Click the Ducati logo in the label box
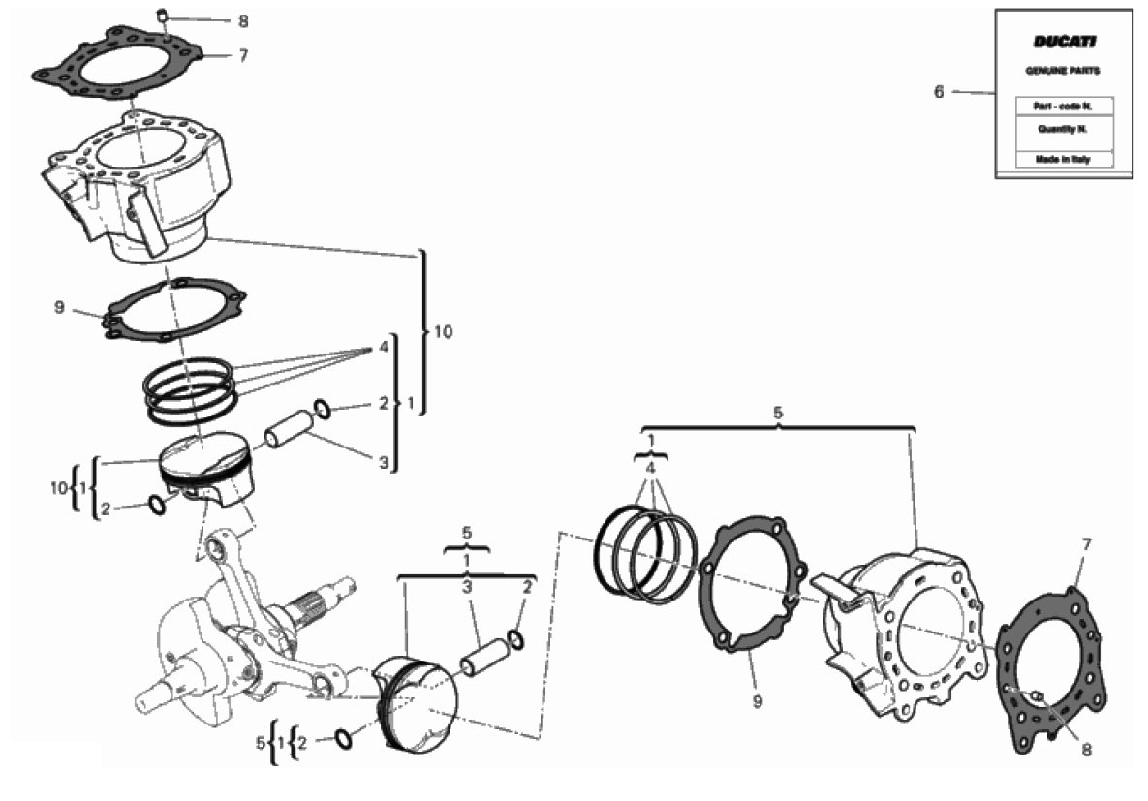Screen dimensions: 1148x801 tap(1064, 42)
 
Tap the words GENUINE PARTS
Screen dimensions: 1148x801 tap(1063, 71)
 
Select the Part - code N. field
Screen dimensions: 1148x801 tap(1064, 107)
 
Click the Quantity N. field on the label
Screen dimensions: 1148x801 tap(1064, 130)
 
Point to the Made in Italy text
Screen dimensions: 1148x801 tap(1063, 159)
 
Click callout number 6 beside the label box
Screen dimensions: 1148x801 tap(939, 92)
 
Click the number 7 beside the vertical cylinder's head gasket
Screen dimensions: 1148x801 tap(243, 55)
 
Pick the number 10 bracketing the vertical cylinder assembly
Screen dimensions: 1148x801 tap(443, 331)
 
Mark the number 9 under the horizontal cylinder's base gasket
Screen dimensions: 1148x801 tap(757, 701)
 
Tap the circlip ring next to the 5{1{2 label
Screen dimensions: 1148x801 tap(343, 740)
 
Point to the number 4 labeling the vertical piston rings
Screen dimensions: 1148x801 tap(384, 347)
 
